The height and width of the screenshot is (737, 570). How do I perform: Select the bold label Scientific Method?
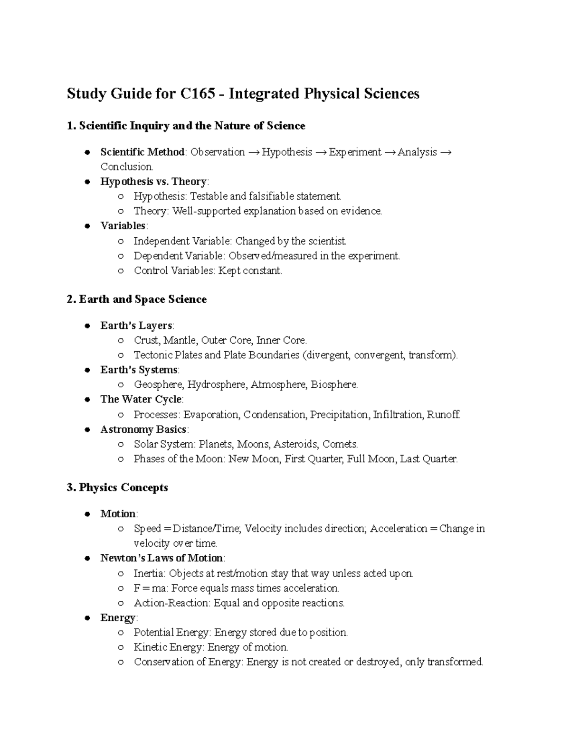[142, 152]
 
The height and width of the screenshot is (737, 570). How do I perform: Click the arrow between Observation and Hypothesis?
[253, 152]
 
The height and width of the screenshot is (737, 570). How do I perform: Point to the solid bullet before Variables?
[87, 226]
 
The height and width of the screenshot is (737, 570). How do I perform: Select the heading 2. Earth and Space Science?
[137, 299]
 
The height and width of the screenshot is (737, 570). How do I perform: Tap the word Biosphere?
[333, 384]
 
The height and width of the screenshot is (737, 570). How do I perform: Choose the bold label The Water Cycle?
[141, 399]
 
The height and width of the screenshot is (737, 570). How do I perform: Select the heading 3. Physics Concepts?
[117, 488]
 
